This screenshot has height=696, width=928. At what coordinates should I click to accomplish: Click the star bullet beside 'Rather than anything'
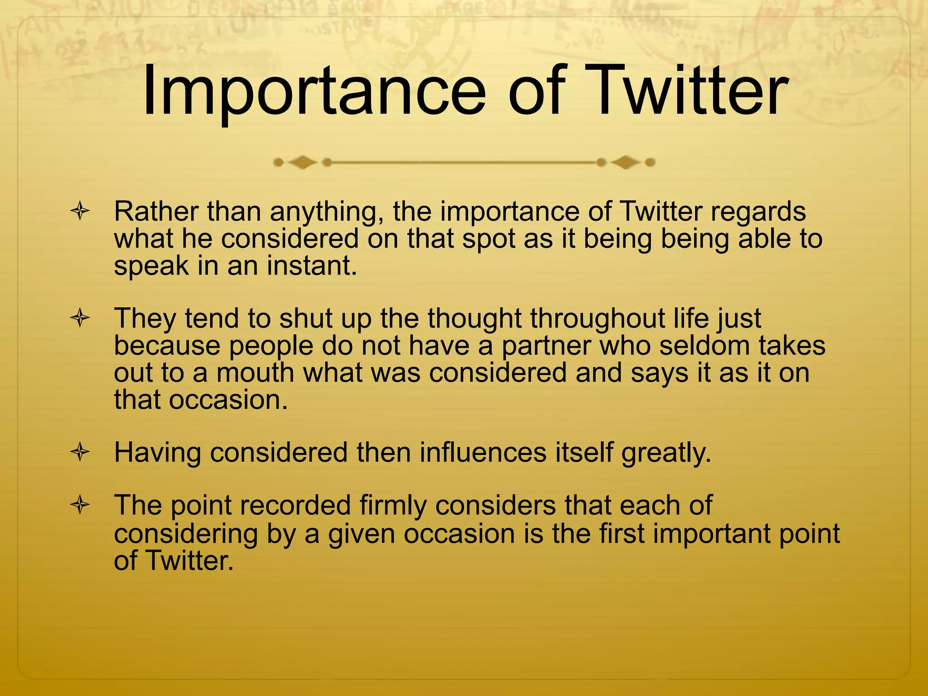[x=80, y=212]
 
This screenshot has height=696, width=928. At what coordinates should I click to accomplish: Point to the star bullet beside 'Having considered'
[x=80, y=452]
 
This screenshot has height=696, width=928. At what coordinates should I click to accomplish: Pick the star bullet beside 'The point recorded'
[x=80, y=505]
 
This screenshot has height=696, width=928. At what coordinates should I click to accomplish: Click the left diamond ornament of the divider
[x=302, y=162]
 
